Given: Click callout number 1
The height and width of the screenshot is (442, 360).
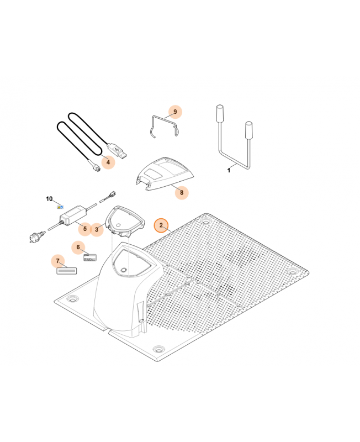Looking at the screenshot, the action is (x=229, y=170).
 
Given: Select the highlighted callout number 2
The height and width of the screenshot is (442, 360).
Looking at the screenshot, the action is (x=161, y=225).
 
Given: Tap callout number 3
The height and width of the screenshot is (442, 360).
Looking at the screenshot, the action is (x=97, y=229).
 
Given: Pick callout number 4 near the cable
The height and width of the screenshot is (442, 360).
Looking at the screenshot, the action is (x=108, y=162).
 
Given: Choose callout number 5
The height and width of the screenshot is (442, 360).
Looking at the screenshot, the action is (x=85, y=229).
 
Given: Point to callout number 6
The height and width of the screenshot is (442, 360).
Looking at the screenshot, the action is (x=78, y=247).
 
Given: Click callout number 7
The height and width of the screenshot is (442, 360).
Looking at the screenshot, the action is (x=58, y=261).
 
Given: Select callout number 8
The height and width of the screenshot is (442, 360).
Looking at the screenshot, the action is (x=182, y=192).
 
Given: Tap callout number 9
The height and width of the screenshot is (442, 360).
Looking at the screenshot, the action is (x=175, y=112).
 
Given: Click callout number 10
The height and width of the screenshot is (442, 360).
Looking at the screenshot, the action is (x=49, y=199).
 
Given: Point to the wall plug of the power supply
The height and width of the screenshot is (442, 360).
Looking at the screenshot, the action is (x=36, y=236).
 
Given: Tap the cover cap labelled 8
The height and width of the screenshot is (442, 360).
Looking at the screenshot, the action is (x=165, y=174).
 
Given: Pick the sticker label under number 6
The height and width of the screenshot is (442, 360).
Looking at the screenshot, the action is (x=90, y=257).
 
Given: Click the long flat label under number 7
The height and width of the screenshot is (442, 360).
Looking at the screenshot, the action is (x=67, y=271).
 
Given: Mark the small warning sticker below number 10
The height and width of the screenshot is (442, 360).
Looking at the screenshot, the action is (x=60, y=207).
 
